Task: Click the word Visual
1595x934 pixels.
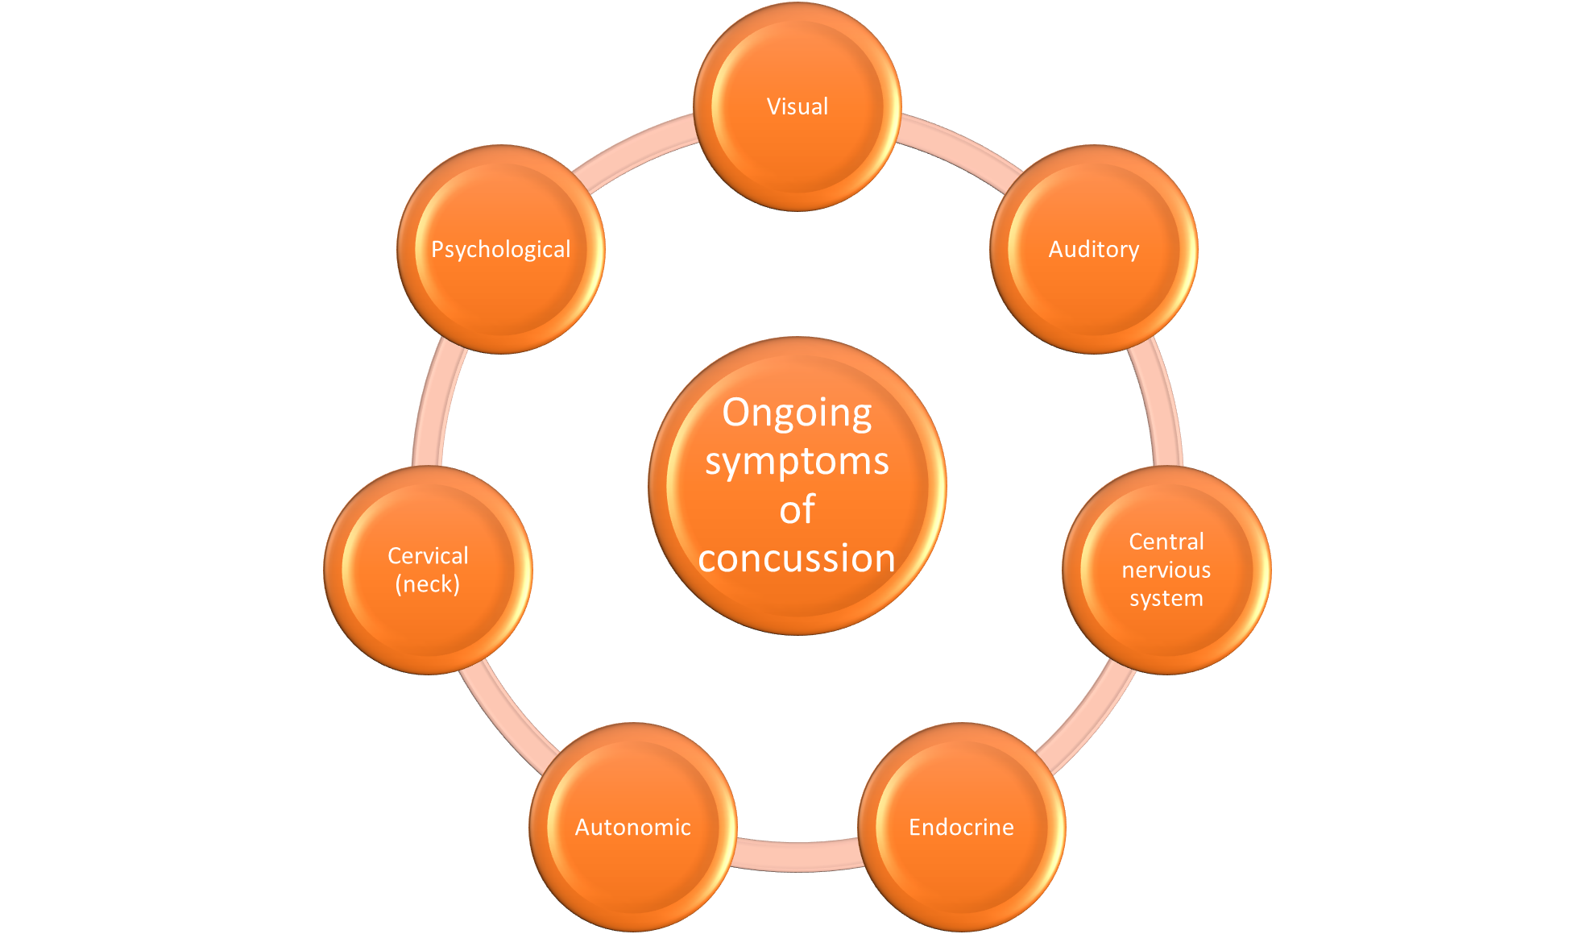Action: click(x=797, y=106)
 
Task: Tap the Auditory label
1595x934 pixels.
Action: click(x=1093, y=249)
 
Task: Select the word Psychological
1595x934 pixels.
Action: click(x=500, y=249)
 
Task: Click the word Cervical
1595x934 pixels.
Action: click(x=428, y=555)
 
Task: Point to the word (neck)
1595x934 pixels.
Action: click(x=428, y=583)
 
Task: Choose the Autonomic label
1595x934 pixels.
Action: click(x=632, y=827)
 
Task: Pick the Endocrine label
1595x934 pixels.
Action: click(x=961, y=827)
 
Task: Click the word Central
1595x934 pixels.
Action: click(x=1166, y=541)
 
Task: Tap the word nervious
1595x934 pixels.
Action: click(x=1166, y=570)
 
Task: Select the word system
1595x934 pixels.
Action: click(x=1166, y=598)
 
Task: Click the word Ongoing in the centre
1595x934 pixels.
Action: click(x=797, y=413)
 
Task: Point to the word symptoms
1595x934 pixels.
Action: click(x=797, y=461)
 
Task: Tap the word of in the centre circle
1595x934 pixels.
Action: click(x=797, y=509)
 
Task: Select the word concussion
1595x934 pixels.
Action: click(x=797, y=558)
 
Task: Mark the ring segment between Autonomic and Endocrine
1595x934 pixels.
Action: click(x=797, y=855)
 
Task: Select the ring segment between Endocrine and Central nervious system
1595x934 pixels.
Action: click(x=1087, y=717)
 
